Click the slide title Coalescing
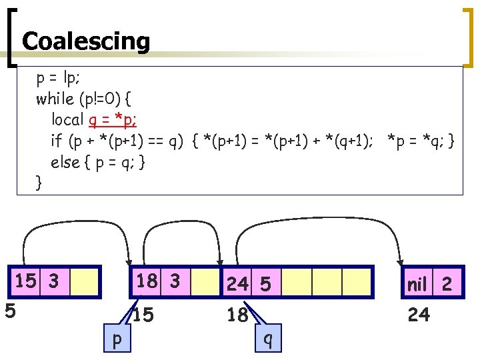pos(86,41)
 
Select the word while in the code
pos(55,99)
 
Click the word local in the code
pos(67,120)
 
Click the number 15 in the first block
pos(26,281)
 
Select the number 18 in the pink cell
pos(147,281)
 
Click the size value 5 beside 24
pos(265,285)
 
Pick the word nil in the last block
pos(417,285)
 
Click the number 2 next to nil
pos(447,285)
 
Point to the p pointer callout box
pos(117,337)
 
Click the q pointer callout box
pos(268,338)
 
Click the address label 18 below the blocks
pos(237,315)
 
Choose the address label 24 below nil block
pos(419,314)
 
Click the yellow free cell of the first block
pos(85,281)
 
